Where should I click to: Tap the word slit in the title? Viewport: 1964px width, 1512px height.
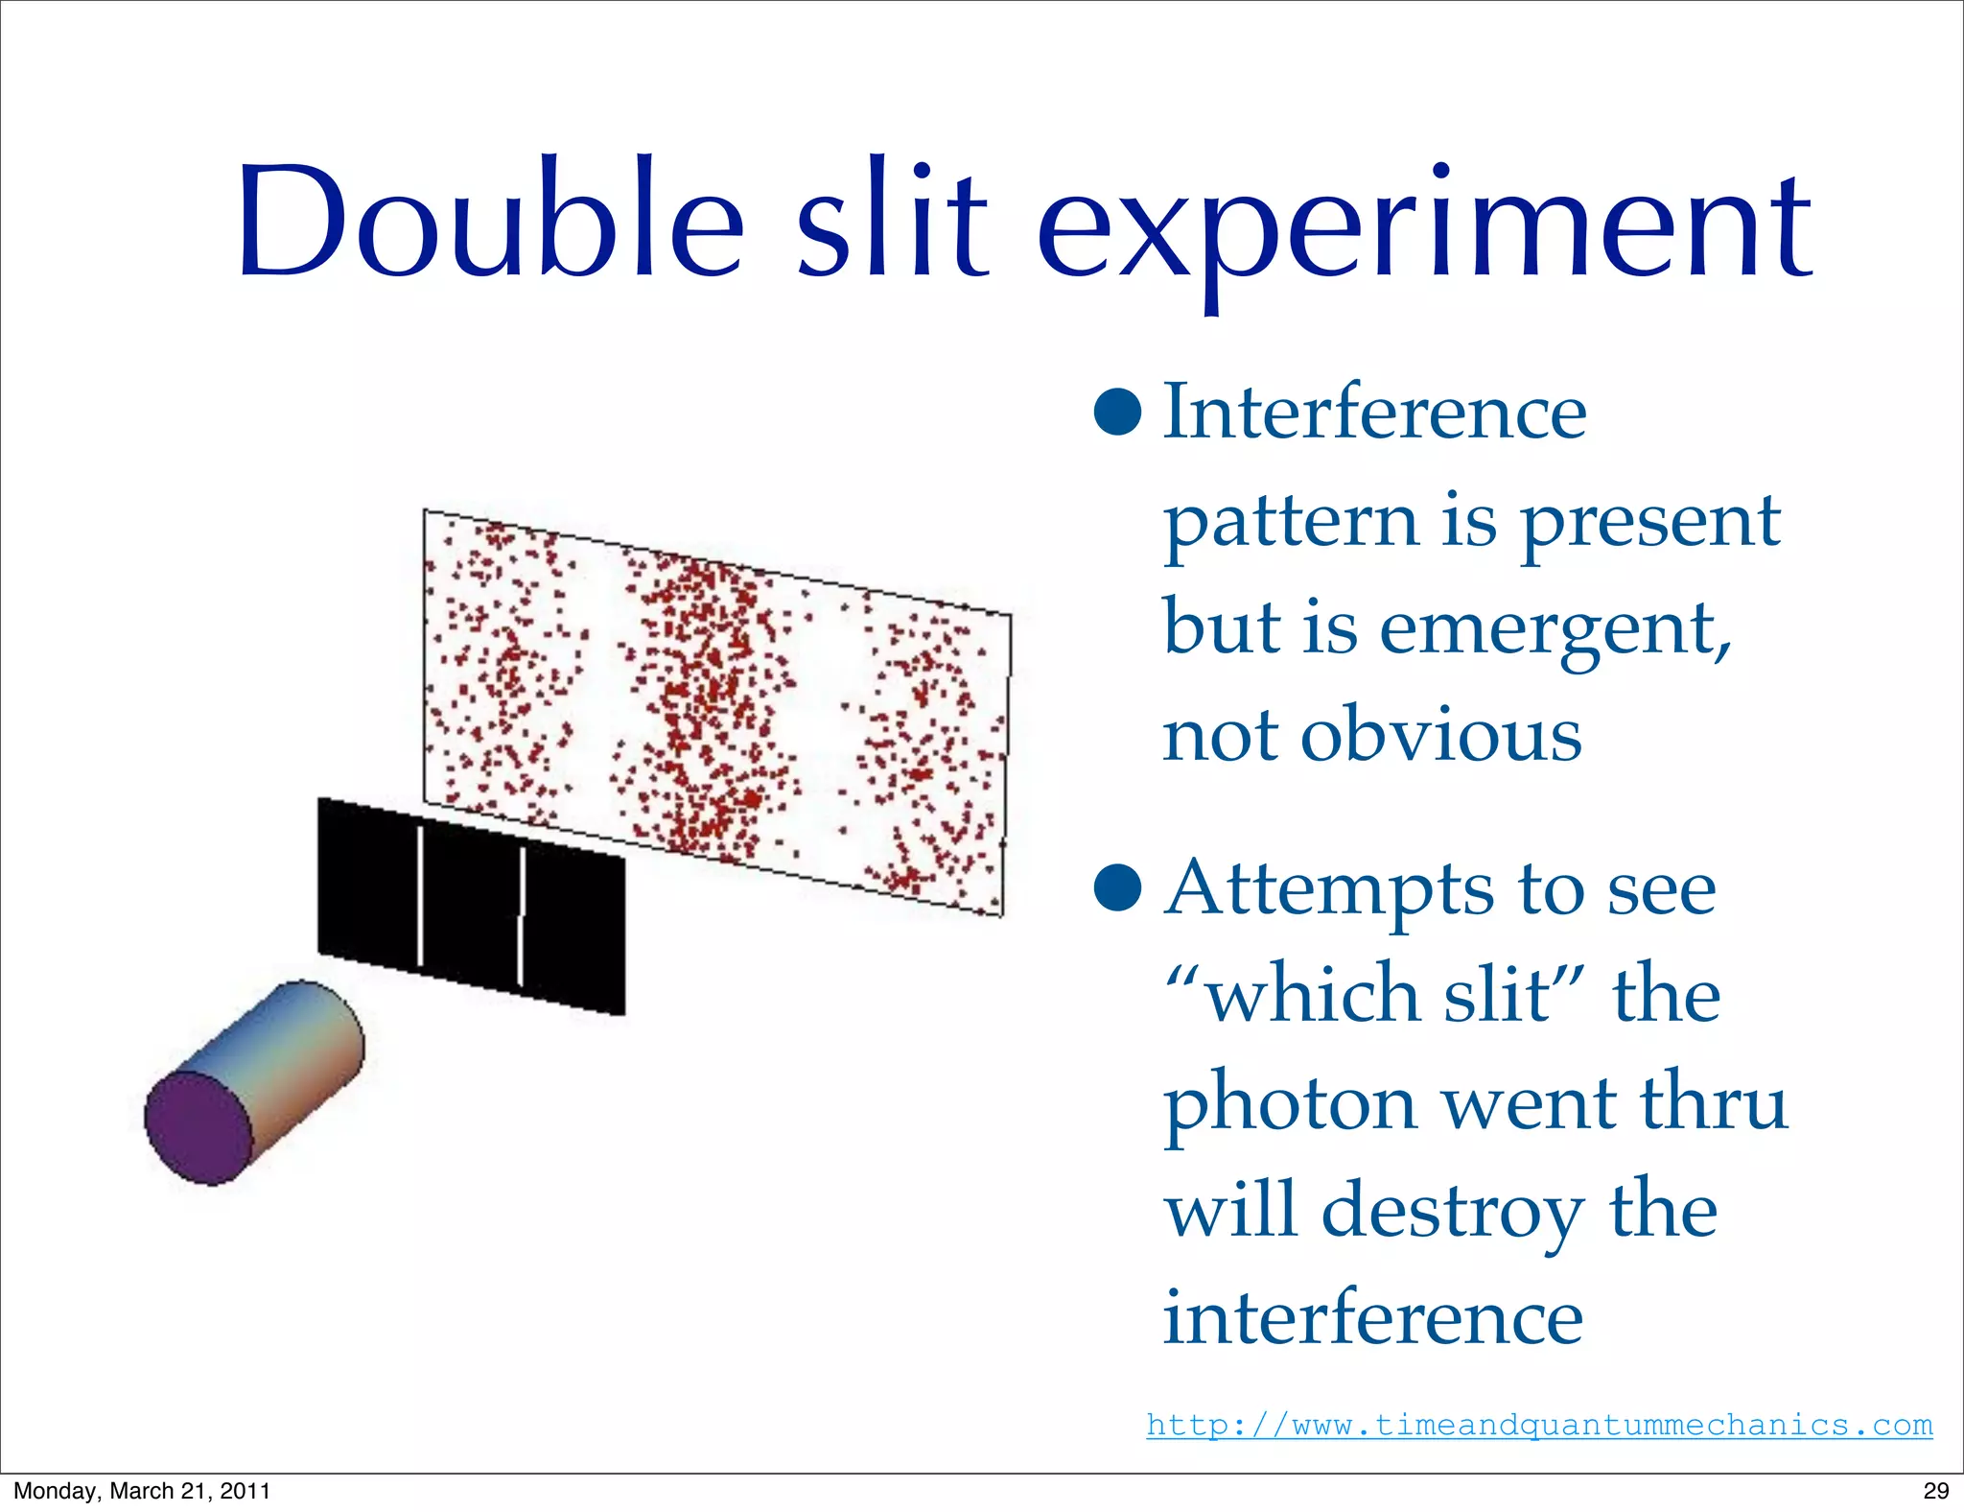(x=893, y=223)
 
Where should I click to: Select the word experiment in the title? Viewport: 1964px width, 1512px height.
(x=1424, y=230)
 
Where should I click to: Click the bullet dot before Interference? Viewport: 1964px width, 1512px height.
(x=1117, y=413)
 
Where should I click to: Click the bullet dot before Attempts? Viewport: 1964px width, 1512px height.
(x=1117, y=888)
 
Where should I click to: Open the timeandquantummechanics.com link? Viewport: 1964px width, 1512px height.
(x=1539, y=1425)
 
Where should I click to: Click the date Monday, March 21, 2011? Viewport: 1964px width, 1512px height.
(x=142, y=1490)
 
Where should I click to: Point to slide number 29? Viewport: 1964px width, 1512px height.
(x=1935, y=1490)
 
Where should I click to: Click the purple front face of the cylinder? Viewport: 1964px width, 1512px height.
(x=198, y=1127)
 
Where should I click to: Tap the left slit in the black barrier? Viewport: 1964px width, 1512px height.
(x=420, y=895)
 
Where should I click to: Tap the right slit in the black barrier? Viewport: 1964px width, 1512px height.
(x=522, y=916)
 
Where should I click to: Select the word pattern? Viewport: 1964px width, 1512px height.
(x=1291, y=523)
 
